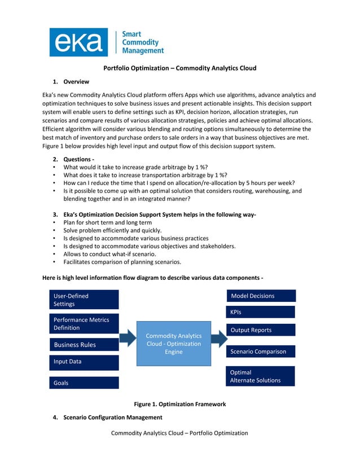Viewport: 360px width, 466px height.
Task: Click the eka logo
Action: (x=78, y=43)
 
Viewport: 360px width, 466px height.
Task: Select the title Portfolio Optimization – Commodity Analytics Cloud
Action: (x=179, y=68)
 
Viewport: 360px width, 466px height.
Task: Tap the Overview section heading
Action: (x=76, y=82)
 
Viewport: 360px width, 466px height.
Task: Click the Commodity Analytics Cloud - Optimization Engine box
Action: (x=174, y=344)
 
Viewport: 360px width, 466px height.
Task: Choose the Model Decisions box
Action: (x=261, y=296)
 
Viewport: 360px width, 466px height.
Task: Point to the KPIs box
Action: (x=261, y=312)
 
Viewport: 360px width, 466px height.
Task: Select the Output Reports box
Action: (x=261, y=330)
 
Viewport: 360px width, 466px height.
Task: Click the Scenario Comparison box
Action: (x=261, y=351)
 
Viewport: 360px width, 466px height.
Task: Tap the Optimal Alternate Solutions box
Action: (x=261, y=376)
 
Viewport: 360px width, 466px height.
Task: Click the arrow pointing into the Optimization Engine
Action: (x=128, y=338)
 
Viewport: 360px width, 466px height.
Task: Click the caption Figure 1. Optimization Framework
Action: (x=179, y=404)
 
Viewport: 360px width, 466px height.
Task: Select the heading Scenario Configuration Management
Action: (x=113, y=417)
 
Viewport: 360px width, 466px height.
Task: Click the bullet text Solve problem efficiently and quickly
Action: (x=112, y=230)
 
